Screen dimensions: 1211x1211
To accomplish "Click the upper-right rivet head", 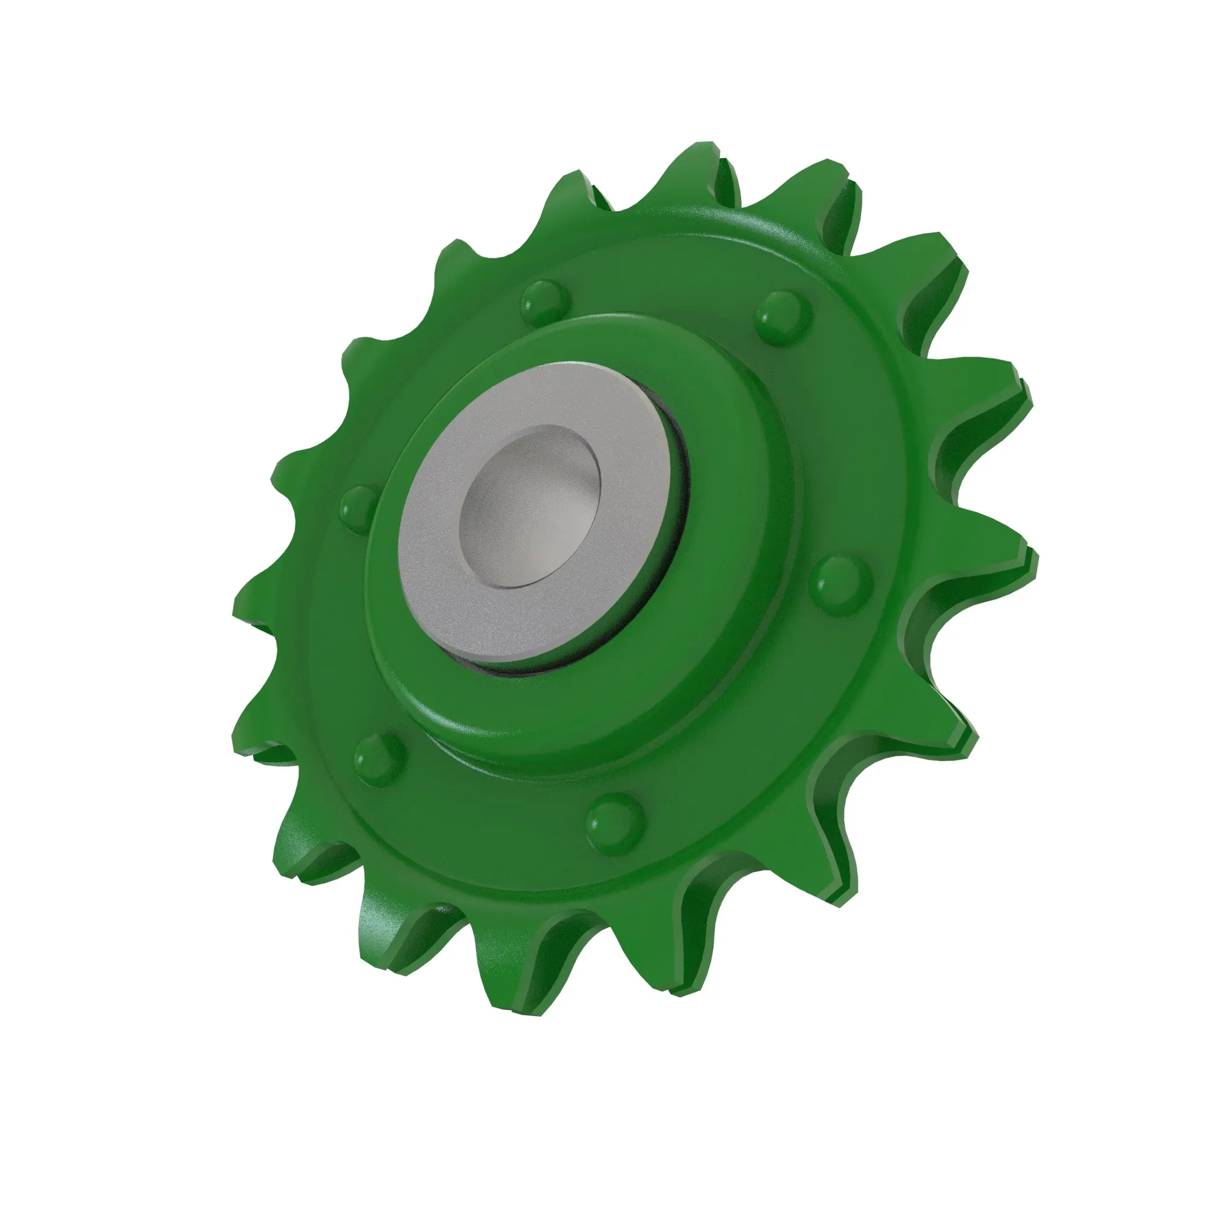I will (x=784, y=317).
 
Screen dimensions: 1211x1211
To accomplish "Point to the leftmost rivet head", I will (x=360, y=506).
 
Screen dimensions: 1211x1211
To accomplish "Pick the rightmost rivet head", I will (x=842, y=583).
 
